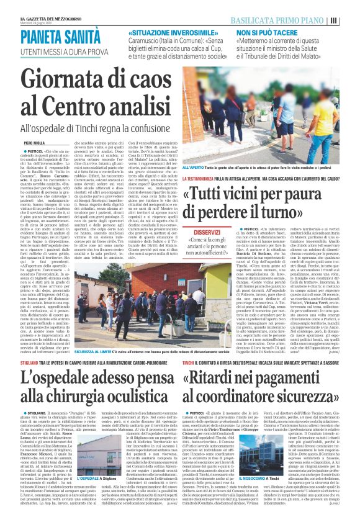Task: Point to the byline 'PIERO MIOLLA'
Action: (x=34, y=142)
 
